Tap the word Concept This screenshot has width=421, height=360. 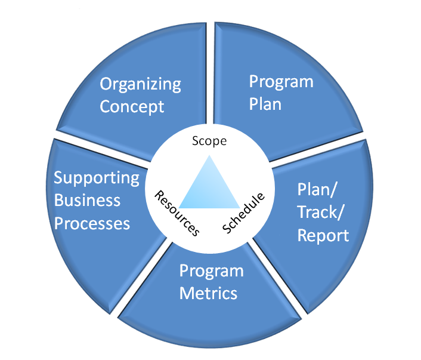[132, 107]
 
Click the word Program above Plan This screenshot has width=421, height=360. [281, 81]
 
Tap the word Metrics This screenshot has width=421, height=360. [209, 293]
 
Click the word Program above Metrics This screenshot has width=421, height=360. [212, 271]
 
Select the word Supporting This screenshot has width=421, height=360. [97, 178]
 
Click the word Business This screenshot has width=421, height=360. [87, 200]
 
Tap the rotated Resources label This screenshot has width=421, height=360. [177, 213]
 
